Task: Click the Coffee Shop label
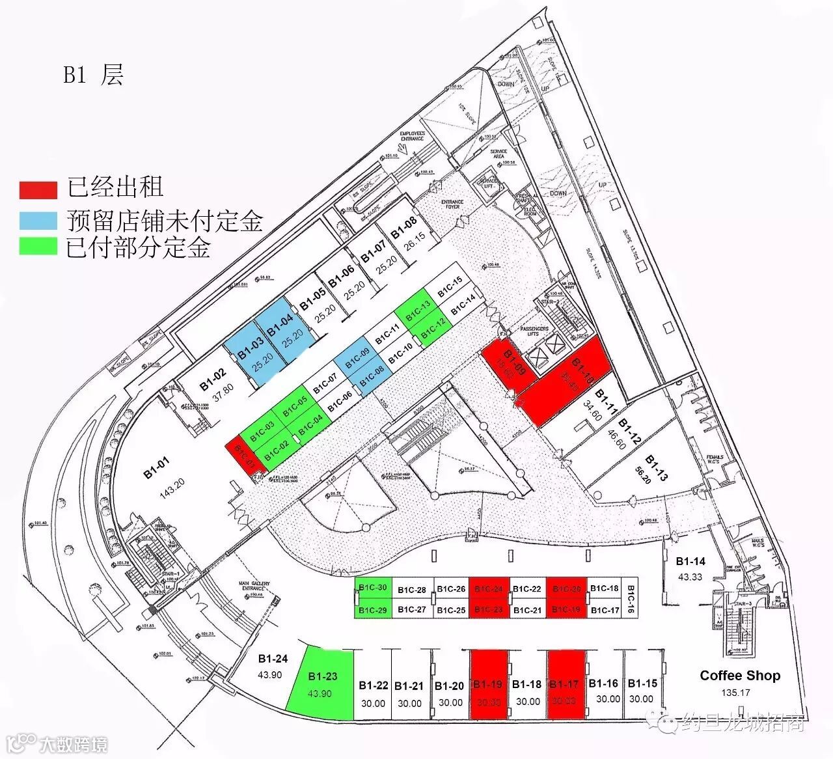740,675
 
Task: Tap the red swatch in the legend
38,189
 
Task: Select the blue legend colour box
38,220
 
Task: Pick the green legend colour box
38,247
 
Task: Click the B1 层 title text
92,75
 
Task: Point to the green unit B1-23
321,684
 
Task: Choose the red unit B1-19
488,685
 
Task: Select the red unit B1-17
565,685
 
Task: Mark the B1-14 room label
690,561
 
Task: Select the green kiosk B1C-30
374,587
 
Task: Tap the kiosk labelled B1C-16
631,598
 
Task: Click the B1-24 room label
273,659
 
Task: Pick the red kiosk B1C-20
566,588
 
